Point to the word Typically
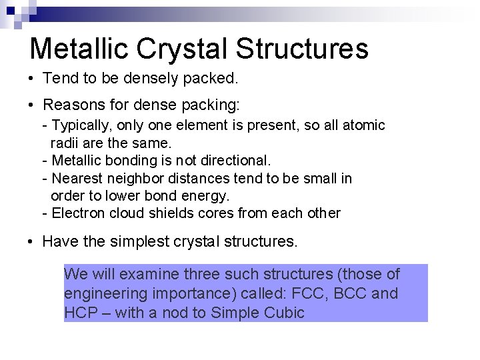click(x=79, y=125)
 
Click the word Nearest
click(x=77, y=179)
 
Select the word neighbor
click(x=129, y=179)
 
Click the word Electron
click(x=77, y=214)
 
